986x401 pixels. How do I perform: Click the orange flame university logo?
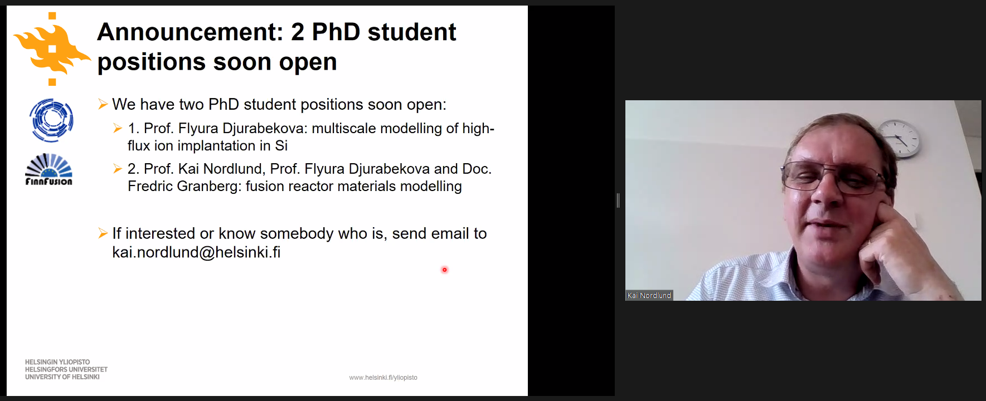coord(52,49)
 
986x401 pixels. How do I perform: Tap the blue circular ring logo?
coord(51,120)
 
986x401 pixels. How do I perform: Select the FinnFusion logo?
coord(49,169)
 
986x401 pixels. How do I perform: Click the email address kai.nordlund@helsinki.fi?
coord(196,252)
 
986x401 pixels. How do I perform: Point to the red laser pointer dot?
coord(444,270)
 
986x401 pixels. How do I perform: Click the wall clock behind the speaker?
coord(898,138)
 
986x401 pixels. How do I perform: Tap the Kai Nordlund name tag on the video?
coord(649,296)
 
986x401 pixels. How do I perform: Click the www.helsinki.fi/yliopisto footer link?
coord(383,378)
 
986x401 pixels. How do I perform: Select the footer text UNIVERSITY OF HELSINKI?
coord(62,377)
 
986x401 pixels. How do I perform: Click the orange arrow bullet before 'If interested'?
coord(103,233)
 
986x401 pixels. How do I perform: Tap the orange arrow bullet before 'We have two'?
coord(103,104)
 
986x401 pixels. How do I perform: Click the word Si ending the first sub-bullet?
coord(281,146)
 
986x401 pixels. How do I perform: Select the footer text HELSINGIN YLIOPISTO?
coord(57,362)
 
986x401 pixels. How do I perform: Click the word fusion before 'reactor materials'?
coord(264,186)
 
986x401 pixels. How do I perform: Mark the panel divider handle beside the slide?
coord(618,200)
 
